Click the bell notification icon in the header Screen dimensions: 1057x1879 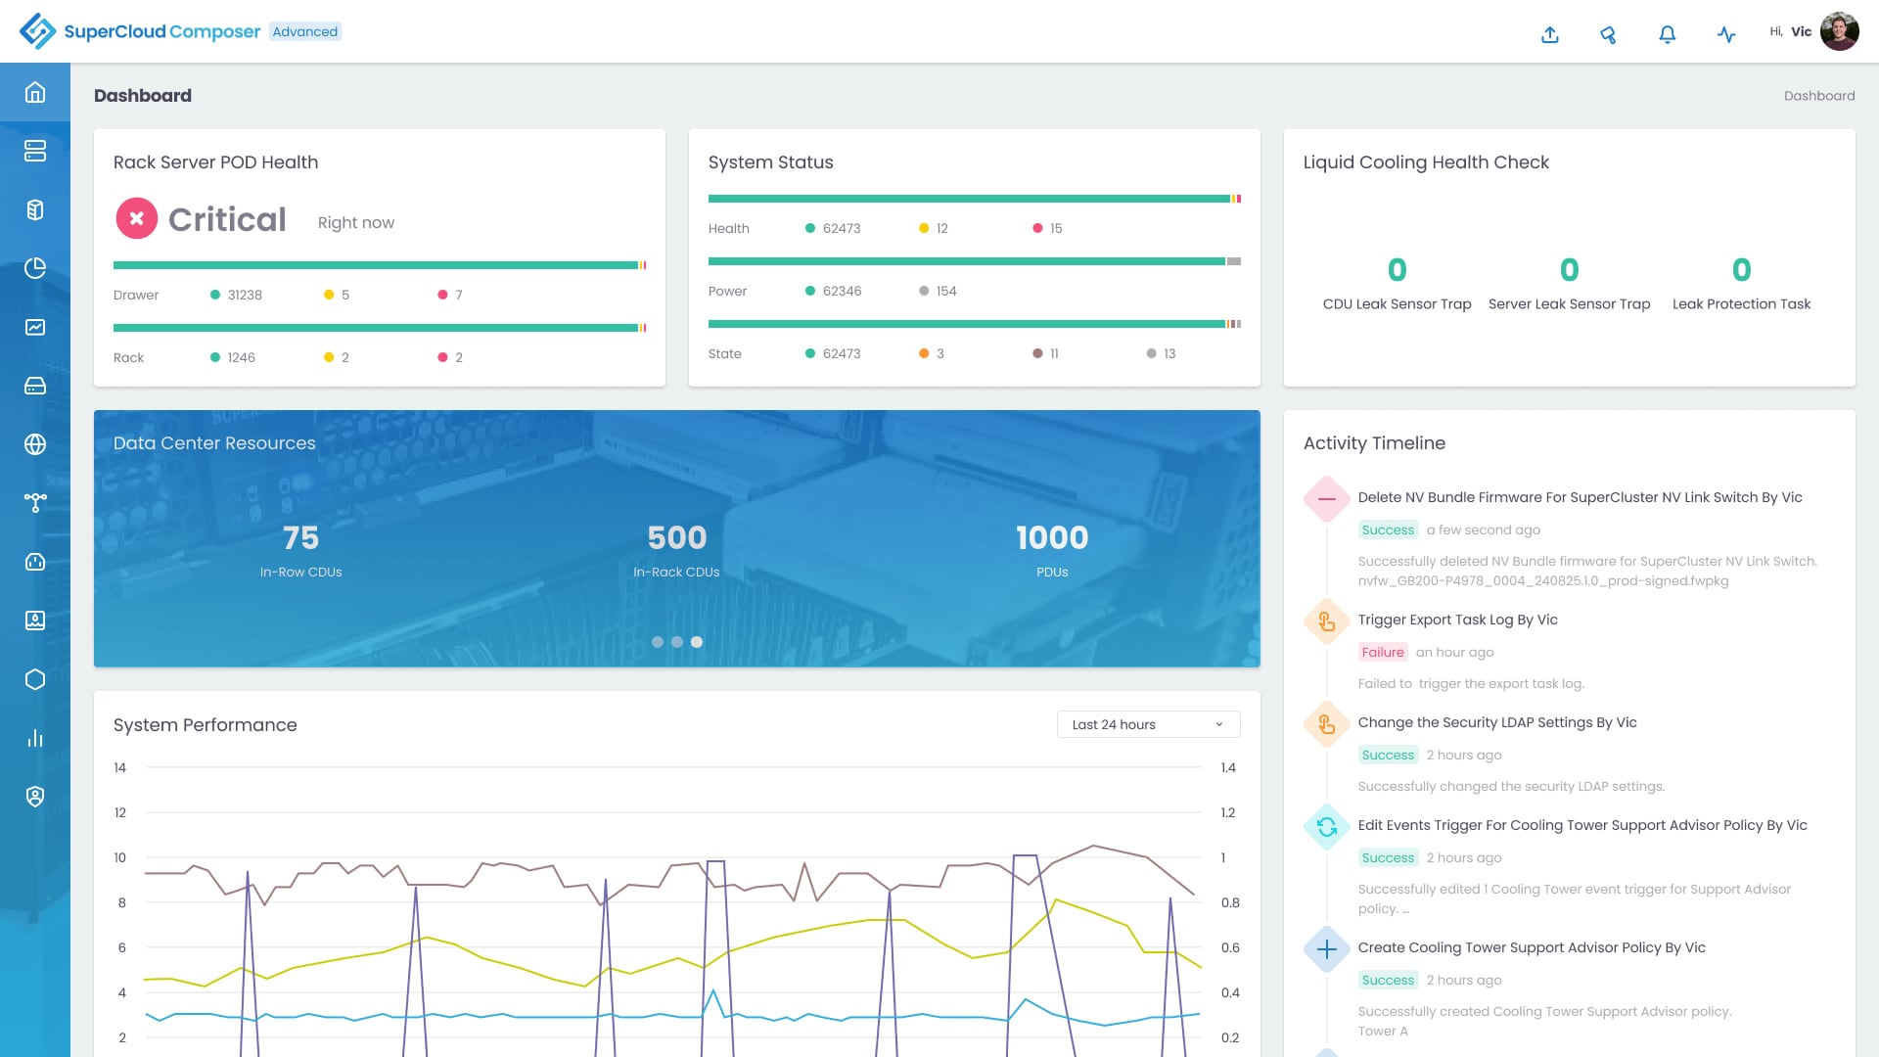pos(1668,34)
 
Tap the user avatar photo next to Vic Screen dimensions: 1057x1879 pos(1839,31)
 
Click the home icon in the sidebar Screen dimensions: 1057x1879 pos(35,92)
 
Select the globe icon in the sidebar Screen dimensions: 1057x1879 pos(35,444)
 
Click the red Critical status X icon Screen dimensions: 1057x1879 pos(137,218)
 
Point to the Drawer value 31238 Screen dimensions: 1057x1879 pos(245,295)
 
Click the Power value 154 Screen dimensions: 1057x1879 pos(945,291)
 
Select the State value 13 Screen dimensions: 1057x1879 pos(1169,353)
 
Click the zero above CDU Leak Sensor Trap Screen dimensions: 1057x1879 pos(1397,269)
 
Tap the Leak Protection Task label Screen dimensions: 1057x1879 pos(1741,304)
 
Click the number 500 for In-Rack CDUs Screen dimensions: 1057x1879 pos(676,537)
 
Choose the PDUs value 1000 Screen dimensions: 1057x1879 pos(1052,537)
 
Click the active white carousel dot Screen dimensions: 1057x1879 pos(697,642)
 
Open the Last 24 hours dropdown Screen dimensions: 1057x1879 pos(1148,724)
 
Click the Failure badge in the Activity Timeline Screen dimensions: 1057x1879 pos(1382,652)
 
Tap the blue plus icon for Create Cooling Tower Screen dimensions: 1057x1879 pos(1327,948)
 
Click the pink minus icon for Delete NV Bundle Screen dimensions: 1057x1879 pos(1327,498)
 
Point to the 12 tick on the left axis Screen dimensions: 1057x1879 pos(120,812)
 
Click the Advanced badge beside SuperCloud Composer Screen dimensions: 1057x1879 pos(305,31)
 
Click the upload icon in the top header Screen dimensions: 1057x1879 pos(1550,34)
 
